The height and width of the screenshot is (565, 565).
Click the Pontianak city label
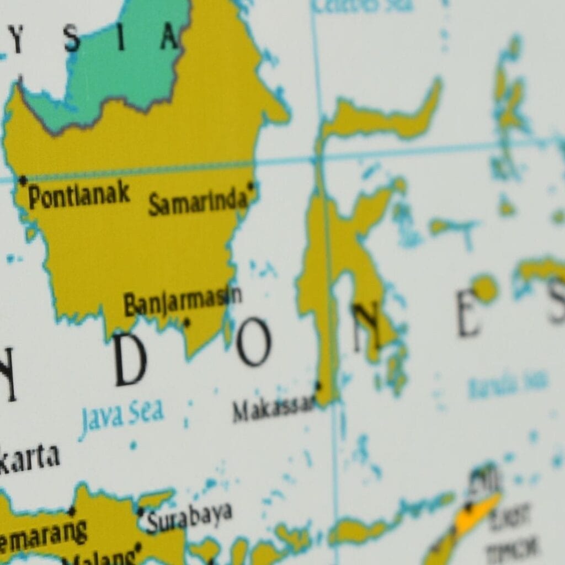pyautogui.click(x=79, y=195)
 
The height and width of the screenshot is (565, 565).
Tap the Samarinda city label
pyautogui.click(x=197, y=202)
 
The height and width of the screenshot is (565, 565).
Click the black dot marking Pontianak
pyautogui.click(x=23, y=180)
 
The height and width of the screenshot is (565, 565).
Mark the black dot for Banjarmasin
pyautogui.click(x=186, y=322)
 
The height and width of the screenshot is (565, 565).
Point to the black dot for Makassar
pyautogui.click(x=317, y=385)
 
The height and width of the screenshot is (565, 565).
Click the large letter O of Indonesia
pyautogui.click(x=254, y=342)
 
